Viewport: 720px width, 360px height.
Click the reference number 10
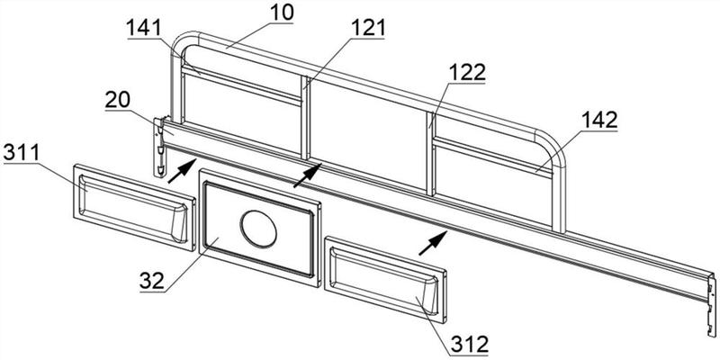click(281, 13)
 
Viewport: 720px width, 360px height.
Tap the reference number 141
click(145, 29)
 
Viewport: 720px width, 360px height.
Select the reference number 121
click(368, 29)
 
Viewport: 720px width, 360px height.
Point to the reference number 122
click(467, 73)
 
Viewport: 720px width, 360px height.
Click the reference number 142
click(599, 121)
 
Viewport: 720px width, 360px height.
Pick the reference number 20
click(118, 100)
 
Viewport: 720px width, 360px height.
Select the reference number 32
click(152, 281)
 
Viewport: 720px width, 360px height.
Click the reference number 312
click(469, 344)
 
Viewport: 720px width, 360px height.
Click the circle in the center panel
click(258, 229)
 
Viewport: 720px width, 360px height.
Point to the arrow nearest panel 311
click(183, 170)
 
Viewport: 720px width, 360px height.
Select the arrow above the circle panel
click(307, 175)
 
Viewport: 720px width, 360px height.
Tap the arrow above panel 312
click(433, 242)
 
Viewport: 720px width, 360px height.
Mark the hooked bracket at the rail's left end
click(159, 147)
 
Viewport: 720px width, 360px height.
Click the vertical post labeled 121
click(305, 118)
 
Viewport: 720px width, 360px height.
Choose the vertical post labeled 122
click(431, 154)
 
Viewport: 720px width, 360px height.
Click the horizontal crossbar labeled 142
click(492, 157)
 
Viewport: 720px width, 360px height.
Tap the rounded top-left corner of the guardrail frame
click(182, 42)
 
